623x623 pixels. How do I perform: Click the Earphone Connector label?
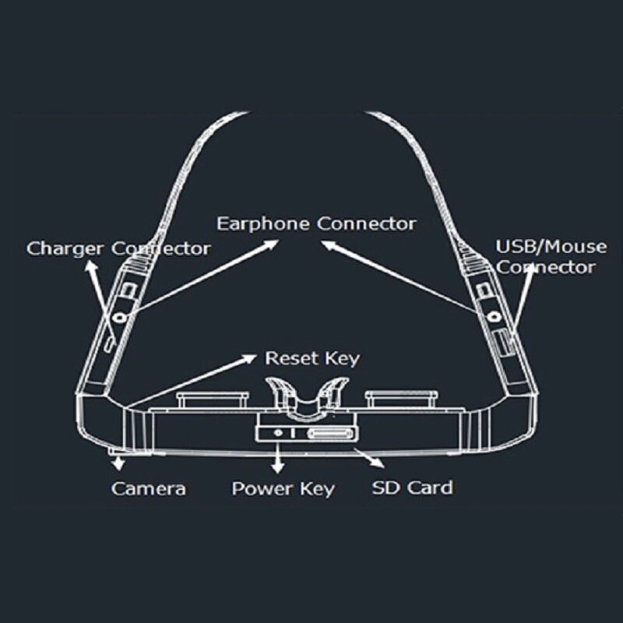click(x=316, y=224)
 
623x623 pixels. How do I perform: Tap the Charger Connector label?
click(x=118, y=249)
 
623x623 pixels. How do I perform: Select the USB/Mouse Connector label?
click(x=551, y=257)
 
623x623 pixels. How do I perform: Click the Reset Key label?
click(x=312, y=358)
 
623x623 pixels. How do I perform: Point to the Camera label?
click(x=148, y=489)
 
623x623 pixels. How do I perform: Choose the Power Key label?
click(x=283, y=489)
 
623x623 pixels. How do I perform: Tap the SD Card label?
click(x=412, y=488)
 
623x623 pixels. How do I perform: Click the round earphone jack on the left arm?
click(x=120, y=317)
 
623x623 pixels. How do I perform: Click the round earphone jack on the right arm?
click(x=494, y=317)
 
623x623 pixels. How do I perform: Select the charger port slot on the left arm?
click(x=109, y=344)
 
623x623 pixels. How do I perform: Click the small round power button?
click(x=278, y=433)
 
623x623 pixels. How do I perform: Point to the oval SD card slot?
click(x=329, y=434)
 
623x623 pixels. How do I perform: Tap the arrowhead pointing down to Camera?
click(x=118, y=464)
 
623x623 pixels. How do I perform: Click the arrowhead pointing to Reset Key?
click(x=250, y=358)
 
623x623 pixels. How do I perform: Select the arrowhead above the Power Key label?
click(x=278, y=467)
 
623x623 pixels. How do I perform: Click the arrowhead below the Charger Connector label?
click(x=91, y=266)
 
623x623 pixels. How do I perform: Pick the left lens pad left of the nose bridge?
click(x=213, y=399)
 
